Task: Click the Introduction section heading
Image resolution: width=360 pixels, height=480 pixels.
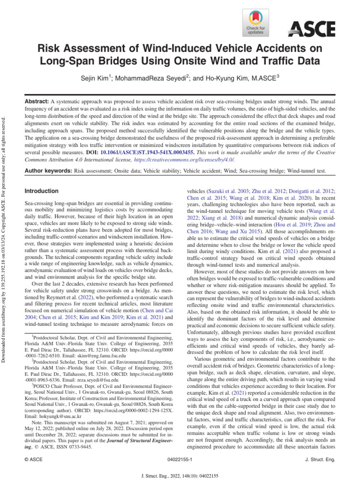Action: tap(41, 191)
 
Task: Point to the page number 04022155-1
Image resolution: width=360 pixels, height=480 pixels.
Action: tap(180, 461)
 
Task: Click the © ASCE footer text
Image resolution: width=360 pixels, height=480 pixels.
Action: tap(33, 461)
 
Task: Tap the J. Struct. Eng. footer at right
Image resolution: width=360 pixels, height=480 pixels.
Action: tap(322, 461)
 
